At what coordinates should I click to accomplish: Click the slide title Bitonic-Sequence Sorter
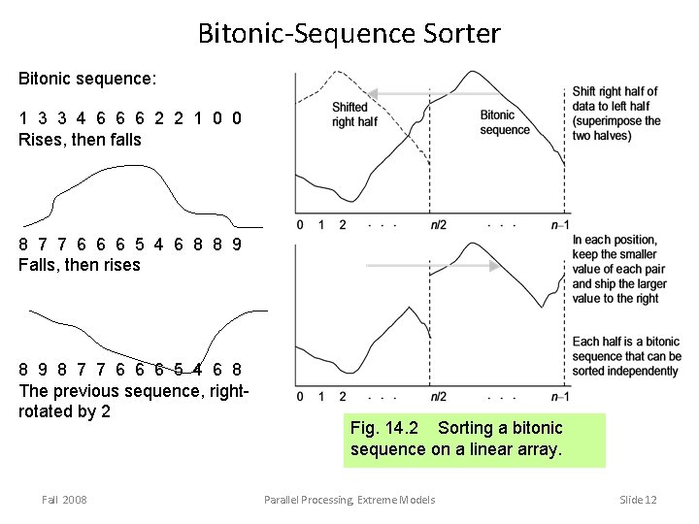(349, 34)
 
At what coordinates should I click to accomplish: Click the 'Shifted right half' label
(354, 115)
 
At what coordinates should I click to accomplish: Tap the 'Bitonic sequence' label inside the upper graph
(505, 122)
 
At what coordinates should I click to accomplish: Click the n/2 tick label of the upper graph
(439, 225)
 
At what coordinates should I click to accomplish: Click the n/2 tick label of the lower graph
(439, 397)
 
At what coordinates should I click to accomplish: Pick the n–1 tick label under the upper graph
(559, 225)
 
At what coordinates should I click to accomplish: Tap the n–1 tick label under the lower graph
(559, 397)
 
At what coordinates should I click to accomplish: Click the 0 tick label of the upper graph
(300, 225)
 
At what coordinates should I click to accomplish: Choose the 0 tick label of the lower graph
(300, 397)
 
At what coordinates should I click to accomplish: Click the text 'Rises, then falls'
(80, 140)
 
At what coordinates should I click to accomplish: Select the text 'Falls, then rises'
(80, 265)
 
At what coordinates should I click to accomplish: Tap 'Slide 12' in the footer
(638, 499)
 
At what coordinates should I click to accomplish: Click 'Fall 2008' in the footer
(64, 499)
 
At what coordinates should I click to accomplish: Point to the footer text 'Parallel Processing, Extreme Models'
(349, 499)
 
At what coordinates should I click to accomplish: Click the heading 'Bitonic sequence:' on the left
(87, 75)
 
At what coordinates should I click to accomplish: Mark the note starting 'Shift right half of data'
(616, 114)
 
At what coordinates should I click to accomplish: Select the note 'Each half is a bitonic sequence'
(626, 356)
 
